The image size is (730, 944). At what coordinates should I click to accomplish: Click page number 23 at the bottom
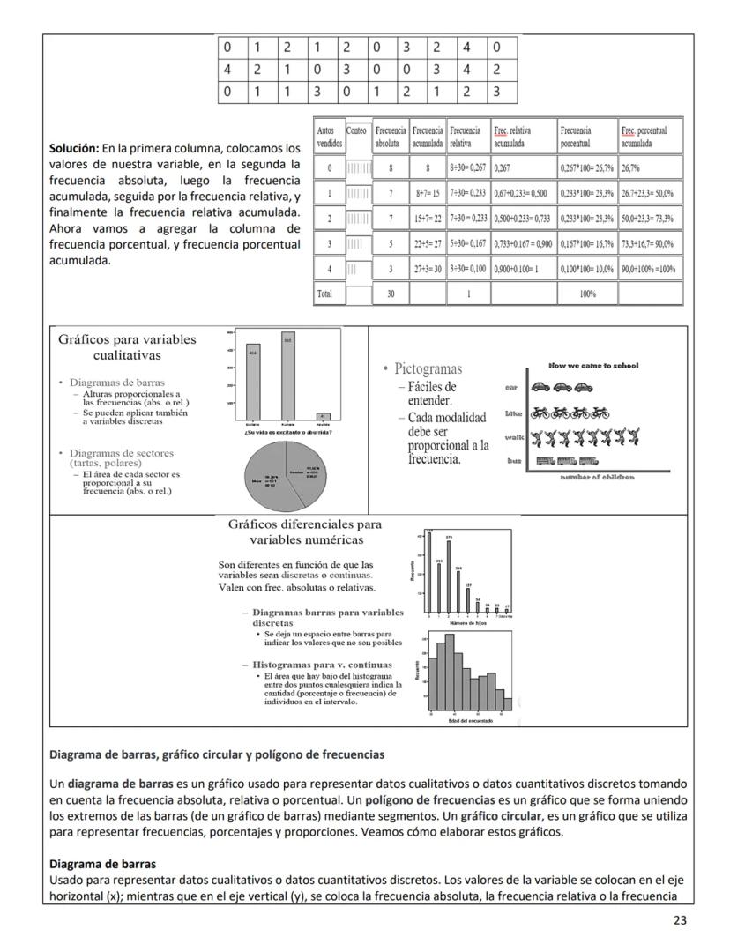(679, 920)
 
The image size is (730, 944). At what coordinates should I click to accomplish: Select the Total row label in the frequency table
(325, 294)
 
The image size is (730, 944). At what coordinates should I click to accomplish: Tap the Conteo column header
(357, 130)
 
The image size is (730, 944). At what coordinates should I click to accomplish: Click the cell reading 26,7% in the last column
(631, 167)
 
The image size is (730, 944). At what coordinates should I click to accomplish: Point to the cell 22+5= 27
(428, 243)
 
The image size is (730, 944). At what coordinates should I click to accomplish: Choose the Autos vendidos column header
(329, 136)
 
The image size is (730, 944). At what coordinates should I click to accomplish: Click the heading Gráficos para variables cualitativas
(127, 347)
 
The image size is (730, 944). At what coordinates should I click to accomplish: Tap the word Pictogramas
(429, 368)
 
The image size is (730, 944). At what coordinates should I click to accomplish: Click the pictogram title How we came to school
(593, 365)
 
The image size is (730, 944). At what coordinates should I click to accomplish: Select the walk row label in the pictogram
(514, 436)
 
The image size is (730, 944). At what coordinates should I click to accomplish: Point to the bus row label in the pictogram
(515, 460)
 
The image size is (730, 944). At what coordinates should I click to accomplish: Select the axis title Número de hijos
(469, 622)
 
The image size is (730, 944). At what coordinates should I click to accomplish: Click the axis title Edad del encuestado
(469, 721)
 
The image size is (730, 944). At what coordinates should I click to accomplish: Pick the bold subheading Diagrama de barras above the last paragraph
(102, 863)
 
